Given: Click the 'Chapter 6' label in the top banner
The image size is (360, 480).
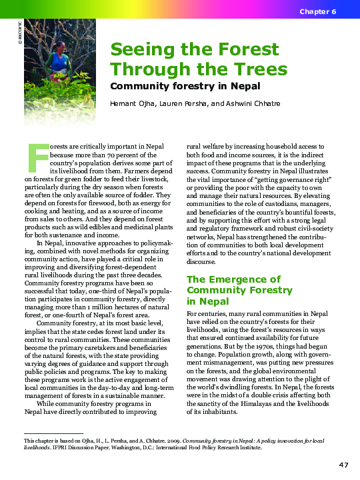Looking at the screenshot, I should coord(317,13).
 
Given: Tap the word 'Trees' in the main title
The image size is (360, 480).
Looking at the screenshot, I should coord(255,69).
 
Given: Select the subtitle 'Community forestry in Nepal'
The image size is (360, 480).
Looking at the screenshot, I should coord(185,86).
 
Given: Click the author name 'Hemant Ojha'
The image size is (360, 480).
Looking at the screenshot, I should coord(133,103).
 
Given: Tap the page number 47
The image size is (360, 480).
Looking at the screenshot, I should coord(343,464).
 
